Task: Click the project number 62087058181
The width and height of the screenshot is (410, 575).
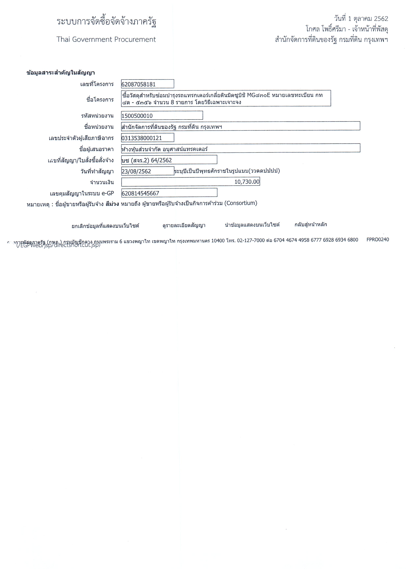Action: [x=138, y=84]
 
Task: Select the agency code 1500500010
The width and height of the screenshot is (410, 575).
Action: [x=137, y=116]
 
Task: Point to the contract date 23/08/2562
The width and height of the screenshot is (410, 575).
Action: [x=136, y=171]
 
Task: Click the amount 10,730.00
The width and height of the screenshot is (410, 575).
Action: [x=247, y=182]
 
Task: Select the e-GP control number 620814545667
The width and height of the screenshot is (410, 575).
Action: [x=140, y=193]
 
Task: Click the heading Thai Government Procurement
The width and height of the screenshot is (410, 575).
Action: [x=106, y=39]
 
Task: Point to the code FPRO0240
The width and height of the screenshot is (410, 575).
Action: [x=377, y=239]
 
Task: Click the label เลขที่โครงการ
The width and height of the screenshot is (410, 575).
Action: [x=97, y=84]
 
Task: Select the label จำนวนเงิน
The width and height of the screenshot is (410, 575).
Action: [x=102, y=182]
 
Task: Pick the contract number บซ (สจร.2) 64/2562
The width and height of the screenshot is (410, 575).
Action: [x=147, y=160]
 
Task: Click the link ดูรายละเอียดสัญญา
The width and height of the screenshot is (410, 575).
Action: [x=184, y=225]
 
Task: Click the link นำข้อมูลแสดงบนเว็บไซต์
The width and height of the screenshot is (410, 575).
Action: [x=252, y=225]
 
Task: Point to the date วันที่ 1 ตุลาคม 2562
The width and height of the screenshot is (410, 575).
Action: [x=361, y=18]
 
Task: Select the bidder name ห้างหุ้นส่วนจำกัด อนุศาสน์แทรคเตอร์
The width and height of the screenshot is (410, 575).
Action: [x=165, y=149]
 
